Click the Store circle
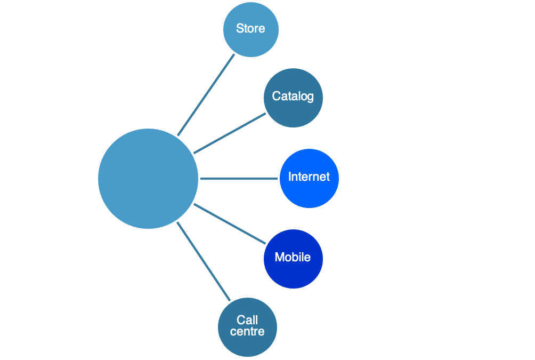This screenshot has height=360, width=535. click(251, 30)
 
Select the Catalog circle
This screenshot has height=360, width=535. click(293, 98)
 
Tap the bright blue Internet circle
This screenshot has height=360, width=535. click(309, 178)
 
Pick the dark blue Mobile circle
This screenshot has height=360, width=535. click(293, 259)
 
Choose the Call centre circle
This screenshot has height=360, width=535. click(247, 327)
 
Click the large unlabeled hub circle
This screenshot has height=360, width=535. click(148, 179)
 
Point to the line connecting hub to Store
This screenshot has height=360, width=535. click(206, 95)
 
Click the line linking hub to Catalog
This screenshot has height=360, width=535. click(230, 133)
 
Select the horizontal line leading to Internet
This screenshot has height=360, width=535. click(239, 179)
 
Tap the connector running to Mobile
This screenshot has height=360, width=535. click(230, 223)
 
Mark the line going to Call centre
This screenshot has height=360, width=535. click(204, 261)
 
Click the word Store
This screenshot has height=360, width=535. click(250, 28)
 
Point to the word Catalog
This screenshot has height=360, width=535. click(293, 97)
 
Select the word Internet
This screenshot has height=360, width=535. click(309, 177)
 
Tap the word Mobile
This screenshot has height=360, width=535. click(293, 257)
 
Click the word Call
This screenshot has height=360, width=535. click(247, 320)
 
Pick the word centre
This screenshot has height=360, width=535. click(247, 332)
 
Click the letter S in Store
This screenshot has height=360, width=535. click(240, 28)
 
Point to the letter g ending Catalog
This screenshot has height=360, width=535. click(310, 98)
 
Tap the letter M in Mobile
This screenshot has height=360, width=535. click(279, 257)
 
